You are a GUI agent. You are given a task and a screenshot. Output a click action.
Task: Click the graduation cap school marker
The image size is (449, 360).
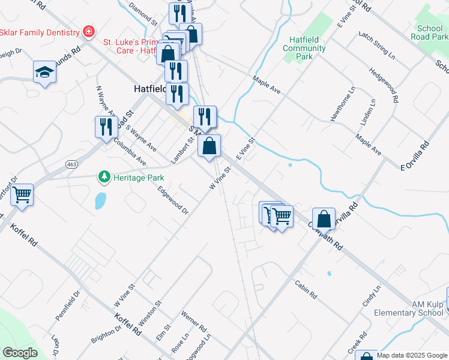pyautogui.click(x=44, y=73)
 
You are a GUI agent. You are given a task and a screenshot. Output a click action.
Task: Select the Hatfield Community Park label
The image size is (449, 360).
pyautogui.click(x=304, y=48)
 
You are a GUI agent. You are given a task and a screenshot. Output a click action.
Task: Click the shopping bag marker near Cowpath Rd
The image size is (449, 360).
pyautogui.click(x=324, y=219)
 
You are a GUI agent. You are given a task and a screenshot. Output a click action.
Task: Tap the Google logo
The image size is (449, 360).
pyautogui.click(x=20, y=353)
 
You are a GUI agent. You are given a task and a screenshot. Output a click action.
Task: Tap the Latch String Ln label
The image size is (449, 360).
pyautogui.click(x=377, y=46)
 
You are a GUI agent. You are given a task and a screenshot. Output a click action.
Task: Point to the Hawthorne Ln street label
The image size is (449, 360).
pyautogui.click(x=343, y=104)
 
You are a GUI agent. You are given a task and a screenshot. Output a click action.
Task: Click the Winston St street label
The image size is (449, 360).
pyautogui.click(x=150, y=312)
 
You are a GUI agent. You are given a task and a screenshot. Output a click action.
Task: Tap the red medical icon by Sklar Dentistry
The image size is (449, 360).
pyautogui.click(x=89, y=31)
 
